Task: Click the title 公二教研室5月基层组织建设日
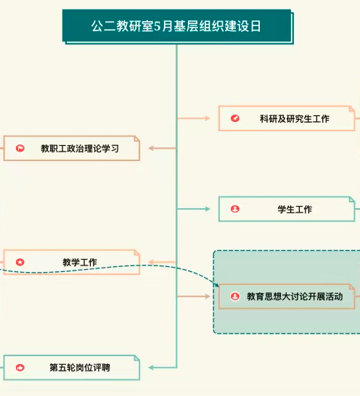[x=176, y=26]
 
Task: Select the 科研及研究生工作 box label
[x=295, y=119]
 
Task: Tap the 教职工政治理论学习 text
[x=80, y=149]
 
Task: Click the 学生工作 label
[x=295, y=210]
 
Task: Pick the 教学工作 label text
[x=80, y=262]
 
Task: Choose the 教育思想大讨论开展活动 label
[x=295, y=297]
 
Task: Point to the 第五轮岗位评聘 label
[x=80, y=368]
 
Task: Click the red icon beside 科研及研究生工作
[x=235, y=118]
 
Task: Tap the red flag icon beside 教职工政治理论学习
[x=20, y=148]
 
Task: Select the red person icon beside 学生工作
[x=235, y=209]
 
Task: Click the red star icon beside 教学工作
[x=20, y=262]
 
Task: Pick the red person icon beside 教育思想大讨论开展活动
[x=235, y=296]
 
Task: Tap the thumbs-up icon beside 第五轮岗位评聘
[x=20, y=368]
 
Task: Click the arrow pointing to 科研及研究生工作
[x=194, y=118]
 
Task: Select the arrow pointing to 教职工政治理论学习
[x=163, y=148]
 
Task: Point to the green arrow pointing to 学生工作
[x=194, y=209]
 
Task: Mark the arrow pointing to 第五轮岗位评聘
[x=163, y=368]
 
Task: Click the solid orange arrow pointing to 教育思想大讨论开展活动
[x=194, y=296]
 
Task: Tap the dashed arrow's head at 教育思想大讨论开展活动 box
[x=217, y=285]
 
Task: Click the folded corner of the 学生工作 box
[x=352, y=199]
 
